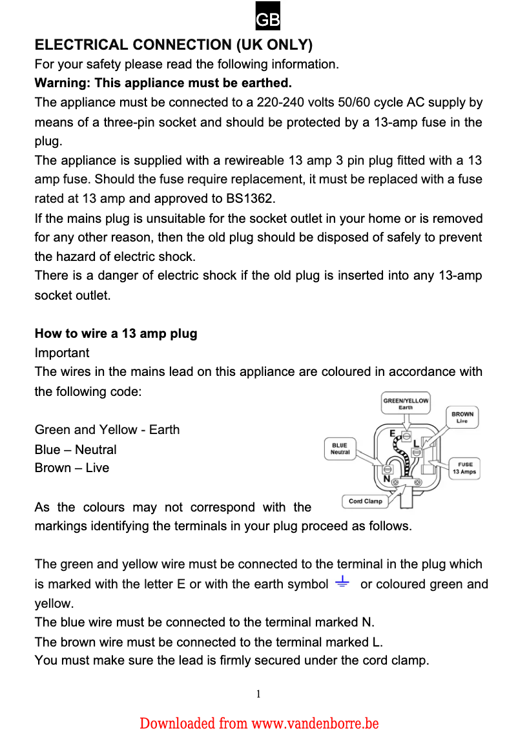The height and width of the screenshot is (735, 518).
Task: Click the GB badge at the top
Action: (x=267, y=20)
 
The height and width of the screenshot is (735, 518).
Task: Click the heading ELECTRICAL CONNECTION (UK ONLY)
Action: (x=173, y=45)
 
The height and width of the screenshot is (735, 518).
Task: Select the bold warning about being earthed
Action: (x=163, y=83)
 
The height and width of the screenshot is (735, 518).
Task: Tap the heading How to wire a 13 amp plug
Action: (x=116, y=334)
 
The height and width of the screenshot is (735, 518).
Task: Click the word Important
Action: (x=62, y=353)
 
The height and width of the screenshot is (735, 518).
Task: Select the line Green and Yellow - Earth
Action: (x=107, y=430)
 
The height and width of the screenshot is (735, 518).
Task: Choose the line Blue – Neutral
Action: (x=76, y=450)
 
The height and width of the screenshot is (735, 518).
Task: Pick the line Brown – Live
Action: (x=72, y=468)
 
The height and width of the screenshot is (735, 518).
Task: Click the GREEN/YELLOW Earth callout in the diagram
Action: (x=406, y=404)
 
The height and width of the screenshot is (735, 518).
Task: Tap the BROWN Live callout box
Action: (x=462, y=417)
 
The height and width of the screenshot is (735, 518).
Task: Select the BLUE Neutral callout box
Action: (x=340, y=449)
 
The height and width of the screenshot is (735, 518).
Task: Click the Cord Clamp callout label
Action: (x=365, y=501)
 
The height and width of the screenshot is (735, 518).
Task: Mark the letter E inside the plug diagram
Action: (x=392, y=433)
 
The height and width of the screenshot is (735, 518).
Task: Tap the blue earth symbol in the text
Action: (x=342, y=584)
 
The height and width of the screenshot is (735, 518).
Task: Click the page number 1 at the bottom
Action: (x=258, y=694)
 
